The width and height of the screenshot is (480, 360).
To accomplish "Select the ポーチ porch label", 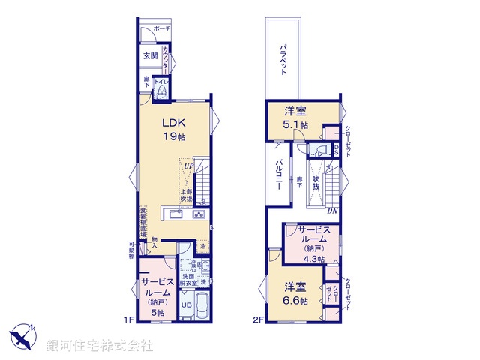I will point(161,28).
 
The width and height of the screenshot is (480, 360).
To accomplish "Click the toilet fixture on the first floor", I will point(161,91).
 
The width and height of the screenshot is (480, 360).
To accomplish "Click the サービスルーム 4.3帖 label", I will point(310,243).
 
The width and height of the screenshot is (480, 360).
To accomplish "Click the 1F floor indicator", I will point(129,319).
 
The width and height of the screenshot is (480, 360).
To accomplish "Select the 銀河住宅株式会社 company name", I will point(100,345).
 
